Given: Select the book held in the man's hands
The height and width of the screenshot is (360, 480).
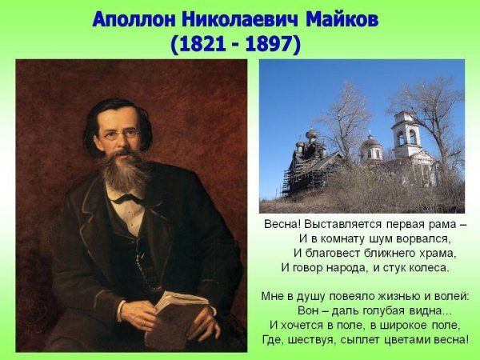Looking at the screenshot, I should coord(176,316).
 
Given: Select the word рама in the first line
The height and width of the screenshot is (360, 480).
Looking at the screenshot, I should coord(435,224).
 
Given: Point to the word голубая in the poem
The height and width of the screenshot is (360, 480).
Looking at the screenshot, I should coord(383,310).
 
